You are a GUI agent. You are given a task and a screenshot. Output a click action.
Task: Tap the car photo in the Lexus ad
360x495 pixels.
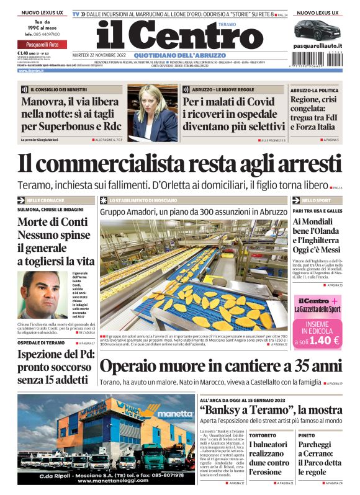(318, 29)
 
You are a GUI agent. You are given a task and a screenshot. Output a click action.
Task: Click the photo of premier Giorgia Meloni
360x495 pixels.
(153, 113)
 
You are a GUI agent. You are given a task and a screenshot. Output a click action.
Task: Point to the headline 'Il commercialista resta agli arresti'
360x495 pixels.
(179, 163)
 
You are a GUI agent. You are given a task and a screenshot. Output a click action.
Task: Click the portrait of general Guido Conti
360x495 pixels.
(44, 293)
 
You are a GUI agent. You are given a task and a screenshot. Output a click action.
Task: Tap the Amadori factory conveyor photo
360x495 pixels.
(193, 274)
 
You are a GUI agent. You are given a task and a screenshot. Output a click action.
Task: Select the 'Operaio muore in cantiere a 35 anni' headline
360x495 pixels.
(220, 366)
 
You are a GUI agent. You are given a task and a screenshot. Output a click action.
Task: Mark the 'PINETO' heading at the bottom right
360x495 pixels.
(306, 435)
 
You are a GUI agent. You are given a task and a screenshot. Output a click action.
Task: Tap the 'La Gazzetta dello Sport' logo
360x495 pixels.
(317, 308)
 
